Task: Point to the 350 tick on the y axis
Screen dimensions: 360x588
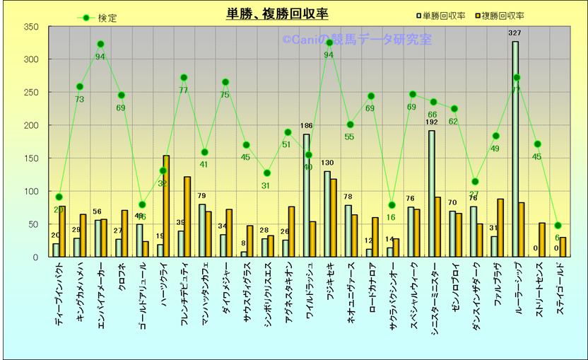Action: pyautogui.click(x=31, y=27)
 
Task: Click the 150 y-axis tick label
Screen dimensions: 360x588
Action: pyautogui.click(x=31, y=158)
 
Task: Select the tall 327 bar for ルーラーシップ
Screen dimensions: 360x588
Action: pyautogui.click(x=515, y=149)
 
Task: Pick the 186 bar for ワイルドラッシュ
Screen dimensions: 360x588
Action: pyautogui.click(x=306, y=195)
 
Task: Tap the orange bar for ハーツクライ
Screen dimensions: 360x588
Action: pyautogui.click(x=166, y=206)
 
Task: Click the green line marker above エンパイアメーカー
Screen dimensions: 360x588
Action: pyautogui.click(x=100, y=44)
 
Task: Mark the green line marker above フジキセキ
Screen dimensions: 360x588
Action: pyautogui.click(x=329, y=43)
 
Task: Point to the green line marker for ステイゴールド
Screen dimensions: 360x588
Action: pyautogui.click(x=558, y=226)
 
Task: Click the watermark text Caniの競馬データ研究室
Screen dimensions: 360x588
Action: pyautogui.click(x=357, y=40)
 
